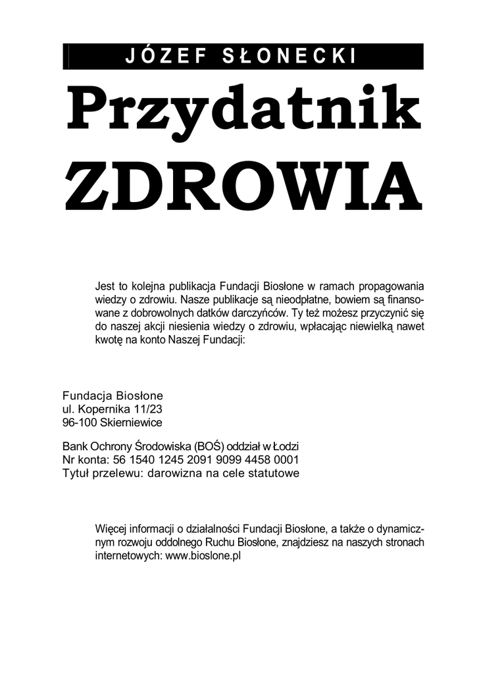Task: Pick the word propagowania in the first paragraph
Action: [x=392, y=286]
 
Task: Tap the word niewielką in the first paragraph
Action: [x=371, y=328]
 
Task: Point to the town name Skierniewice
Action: [x=131, y=422]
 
